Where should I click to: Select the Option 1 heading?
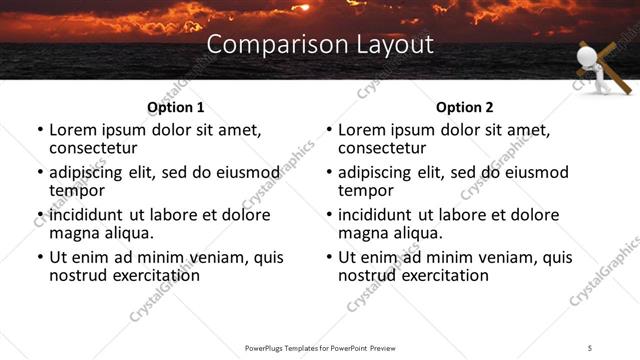[175, 107]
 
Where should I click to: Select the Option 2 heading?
[464, 107]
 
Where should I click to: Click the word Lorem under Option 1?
[73, 130]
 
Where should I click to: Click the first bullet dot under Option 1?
[40, 131]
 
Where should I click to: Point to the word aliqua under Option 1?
[129, 233]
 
